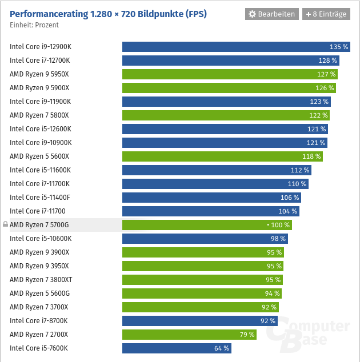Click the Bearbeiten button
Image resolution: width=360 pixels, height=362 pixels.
tap(271, 14)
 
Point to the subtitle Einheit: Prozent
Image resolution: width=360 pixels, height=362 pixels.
tap(34, 25)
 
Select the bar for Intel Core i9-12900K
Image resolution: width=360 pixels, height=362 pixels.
tap(236, 47)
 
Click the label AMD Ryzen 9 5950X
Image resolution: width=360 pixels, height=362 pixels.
tap(39, 74)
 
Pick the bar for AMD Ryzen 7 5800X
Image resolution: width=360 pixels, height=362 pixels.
tap(226, 115)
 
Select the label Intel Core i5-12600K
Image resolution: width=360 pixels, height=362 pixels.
tap(41, 129)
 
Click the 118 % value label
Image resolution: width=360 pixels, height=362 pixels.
tap(311, 156)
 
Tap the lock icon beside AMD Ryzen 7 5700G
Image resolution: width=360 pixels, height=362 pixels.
tap(5, 225)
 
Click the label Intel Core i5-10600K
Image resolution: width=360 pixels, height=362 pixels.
tap(41, 239)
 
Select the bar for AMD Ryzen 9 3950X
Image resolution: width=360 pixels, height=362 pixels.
tap(203, 266)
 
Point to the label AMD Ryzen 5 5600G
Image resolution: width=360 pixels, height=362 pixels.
tap(39, 293)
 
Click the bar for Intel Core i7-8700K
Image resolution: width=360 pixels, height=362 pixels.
tap(200, 321)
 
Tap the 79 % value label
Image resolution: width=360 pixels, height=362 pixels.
tap(247, 335)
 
